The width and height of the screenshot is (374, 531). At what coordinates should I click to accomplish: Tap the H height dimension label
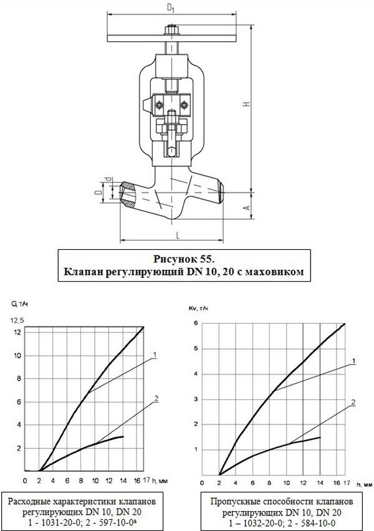(x=247, y=107)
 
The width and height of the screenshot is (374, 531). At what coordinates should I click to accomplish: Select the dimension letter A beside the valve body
(x=247, y=205)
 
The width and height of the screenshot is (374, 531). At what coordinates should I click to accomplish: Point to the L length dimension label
(x=178, y=236)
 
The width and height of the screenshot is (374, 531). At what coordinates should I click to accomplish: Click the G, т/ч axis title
(x=19, y=304)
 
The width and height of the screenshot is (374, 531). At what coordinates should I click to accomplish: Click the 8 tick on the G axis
(x=19, y=378)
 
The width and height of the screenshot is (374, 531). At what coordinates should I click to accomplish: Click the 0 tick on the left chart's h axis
(x=25, y=481)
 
